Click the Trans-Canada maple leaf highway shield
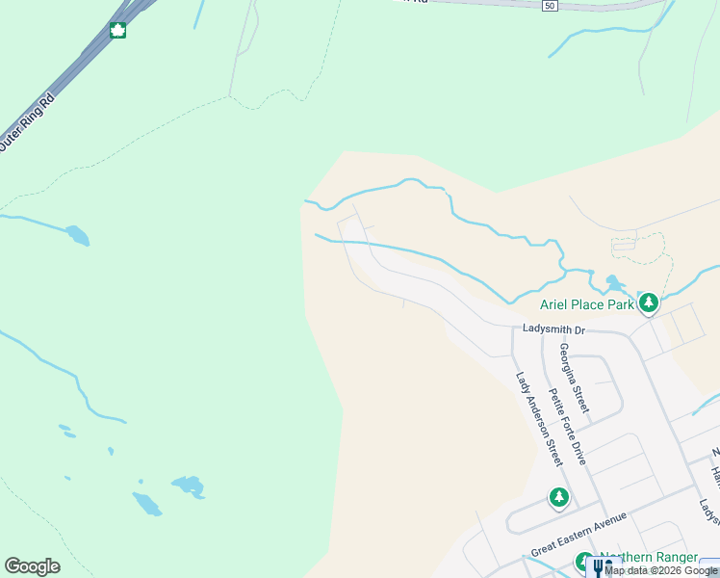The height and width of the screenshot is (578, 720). (x=117, y=31)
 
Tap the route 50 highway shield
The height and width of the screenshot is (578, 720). (x=549, y=6)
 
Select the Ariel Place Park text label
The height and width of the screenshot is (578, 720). (x=586, y=304)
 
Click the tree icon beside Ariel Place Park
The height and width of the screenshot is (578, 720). (x=649, y=303)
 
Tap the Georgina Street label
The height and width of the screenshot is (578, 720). (x=574, y=379)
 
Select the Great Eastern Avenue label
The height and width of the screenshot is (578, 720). (x=579, y=534)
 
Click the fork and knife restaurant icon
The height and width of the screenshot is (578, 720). (x=598, y=568)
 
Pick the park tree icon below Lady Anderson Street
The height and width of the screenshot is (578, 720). (x=559, y=498)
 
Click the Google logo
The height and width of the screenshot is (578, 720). (x=32, y=566)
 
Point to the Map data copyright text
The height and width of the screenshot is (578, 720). (x=661, y=570)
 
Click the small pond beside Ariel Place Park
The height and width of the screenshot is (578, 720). (x=613, y=283)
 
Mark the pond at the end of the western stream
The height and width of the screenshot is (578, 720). (x=77, y=234)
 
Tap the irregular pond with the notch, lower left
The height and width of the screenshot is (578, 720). (x=188, y=486)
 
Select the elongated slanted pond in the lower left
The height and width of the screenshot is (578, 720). (x=147, y=503)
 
